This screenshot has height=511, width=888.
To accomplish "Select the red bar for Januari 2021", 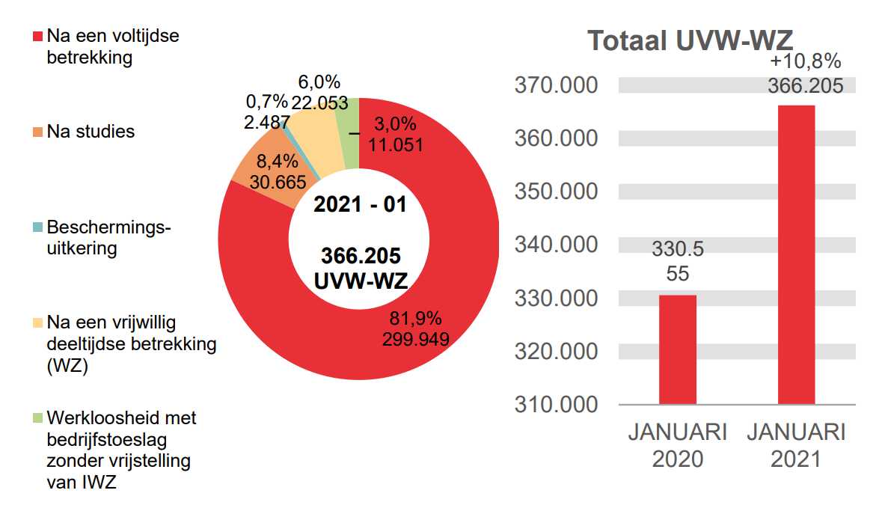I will [x=796, y=254].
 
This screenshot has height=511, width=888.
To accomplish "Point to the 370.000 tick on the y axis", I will [x=556, y=85].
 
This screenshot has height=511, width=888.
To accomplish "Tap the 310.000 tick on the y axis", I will [x=556, y=404].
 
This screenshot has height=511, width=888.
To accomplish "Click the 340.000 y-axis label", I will [x=556, y=245].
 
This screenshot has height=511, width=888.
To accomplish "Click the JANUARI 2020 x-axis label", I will [x=677, y=445].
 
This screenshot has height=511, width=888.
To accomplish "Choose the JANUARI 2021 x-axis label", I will [x=796, y=445].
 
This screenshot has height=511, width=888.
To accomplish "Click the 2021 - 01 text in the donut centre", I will [x=360, y=204].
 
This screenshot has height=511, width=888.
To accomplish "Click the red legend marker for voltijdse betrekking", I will [x=37, y=36].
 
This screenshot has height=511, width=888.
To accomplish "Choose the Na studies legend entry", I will [x=91, y=132].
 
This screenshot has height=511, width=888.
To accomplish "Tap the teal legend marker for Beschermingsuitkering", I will [x=37, y=227].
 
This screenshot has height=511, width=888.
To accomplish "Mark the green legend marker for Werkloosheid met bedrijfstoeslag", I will [x=37, y=417].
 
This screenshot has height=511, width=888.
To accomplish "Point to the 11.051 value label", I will [x=393, y=145].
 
